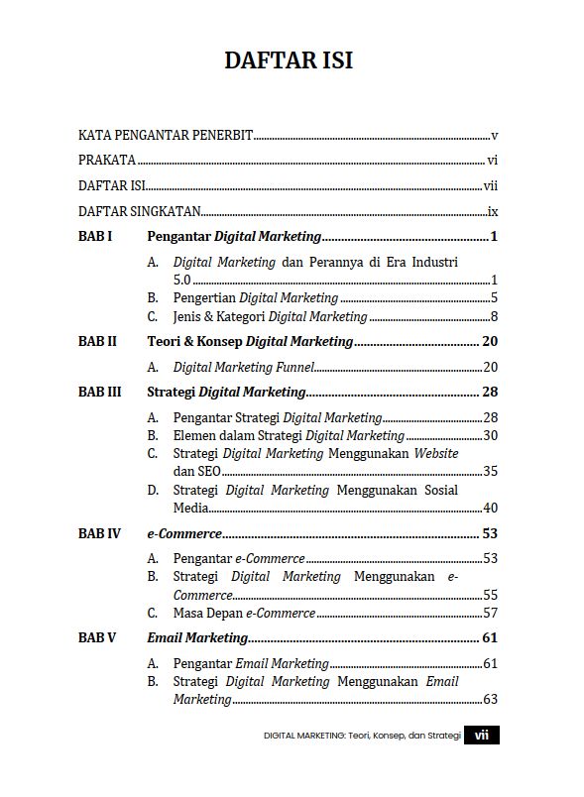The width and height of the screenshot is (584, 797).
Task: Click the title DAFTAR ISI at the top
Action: coord(289,60)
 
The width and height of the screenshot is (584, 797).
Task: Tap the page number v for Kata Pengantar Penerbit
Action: coord(494,135)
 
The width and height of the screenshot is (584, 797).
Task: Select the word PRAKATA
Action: coord(107,160)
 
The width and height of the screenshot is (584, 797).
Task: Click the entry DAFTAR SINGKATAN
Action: coord(140,211)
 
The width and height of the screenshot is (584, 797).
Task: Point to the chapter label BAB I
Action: coord(95,237)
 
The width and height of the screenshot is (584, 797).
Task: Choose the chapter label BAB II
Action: coord(97,341)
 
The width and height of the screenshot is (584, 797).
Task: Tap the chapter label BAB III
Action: coord(99,392)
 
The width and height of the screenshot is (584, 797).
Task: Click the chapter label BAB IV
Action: coord(99,533)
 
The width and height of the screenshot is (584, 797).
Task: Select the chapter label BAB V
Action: coord(97,637)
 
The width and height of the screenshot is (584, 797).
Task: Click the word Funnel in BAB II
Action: coord(293,367)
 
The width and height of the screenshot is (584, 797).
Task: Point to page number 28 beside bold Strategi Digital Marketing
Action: coord(490,392)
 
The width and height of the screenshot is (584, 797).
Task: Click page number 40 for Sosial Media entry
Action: coord(490,509)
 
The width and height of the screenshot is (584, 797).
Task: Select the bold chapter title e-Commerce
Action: coord(184,533)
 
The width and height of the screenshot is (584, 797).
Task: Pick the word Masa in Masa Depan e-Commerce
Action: coord(188,613)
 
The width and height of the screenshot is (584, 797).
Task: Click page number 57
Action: coord(490,613)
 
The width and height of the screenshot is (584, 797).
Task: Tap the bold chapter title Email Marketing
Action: coord(197,637)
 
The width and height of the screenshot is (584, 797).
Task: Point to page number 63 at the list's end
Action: coord(490,700)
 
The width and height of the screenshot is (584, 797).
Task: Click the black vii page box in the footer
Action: coord(482,736)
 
